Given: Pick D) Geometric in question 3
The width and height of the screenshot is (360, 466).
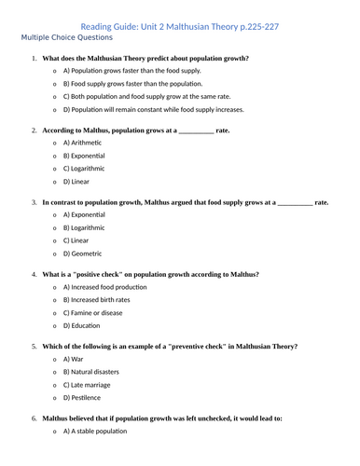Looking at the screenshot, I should click(x=83, y=254).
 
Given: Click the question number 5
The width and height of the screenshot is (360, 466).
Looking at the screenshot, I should click(x=35, y=346).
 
